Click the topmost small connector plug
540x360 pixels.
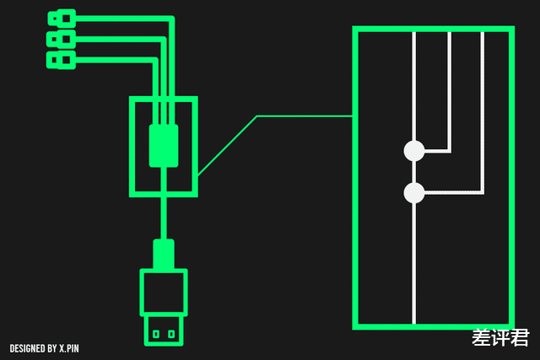62,19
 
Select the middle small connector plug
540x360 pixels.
62,40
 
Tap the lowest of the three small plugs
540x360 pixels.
62,60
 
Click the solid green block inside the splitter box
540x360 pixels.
164,146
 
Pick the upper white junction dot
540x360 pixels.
414,151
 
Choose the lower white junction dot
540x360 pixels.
414,193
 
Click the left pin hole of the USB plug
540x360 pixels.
156,334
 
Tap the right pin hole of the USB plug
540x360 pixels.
171,334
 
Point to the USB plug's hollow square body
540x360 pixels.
142,293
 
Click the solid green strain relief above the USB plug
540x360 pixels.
164,254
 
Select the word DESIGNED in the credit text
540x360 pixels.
28,348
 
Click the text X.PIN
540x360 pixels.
69,348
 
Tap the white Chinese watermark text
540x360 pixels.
500,337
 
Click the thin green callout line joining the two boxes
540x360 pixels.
256,116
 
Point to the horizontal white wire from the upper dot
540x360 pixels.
437,151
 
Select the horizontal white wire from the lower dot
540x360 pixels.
454,193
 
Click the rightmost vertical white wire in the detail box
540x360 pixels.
482,112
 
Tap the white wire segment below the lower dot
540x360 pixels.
414,263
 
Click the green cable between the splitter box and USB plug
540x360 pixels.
164,218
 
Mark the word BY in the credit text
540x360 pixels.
52,348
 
